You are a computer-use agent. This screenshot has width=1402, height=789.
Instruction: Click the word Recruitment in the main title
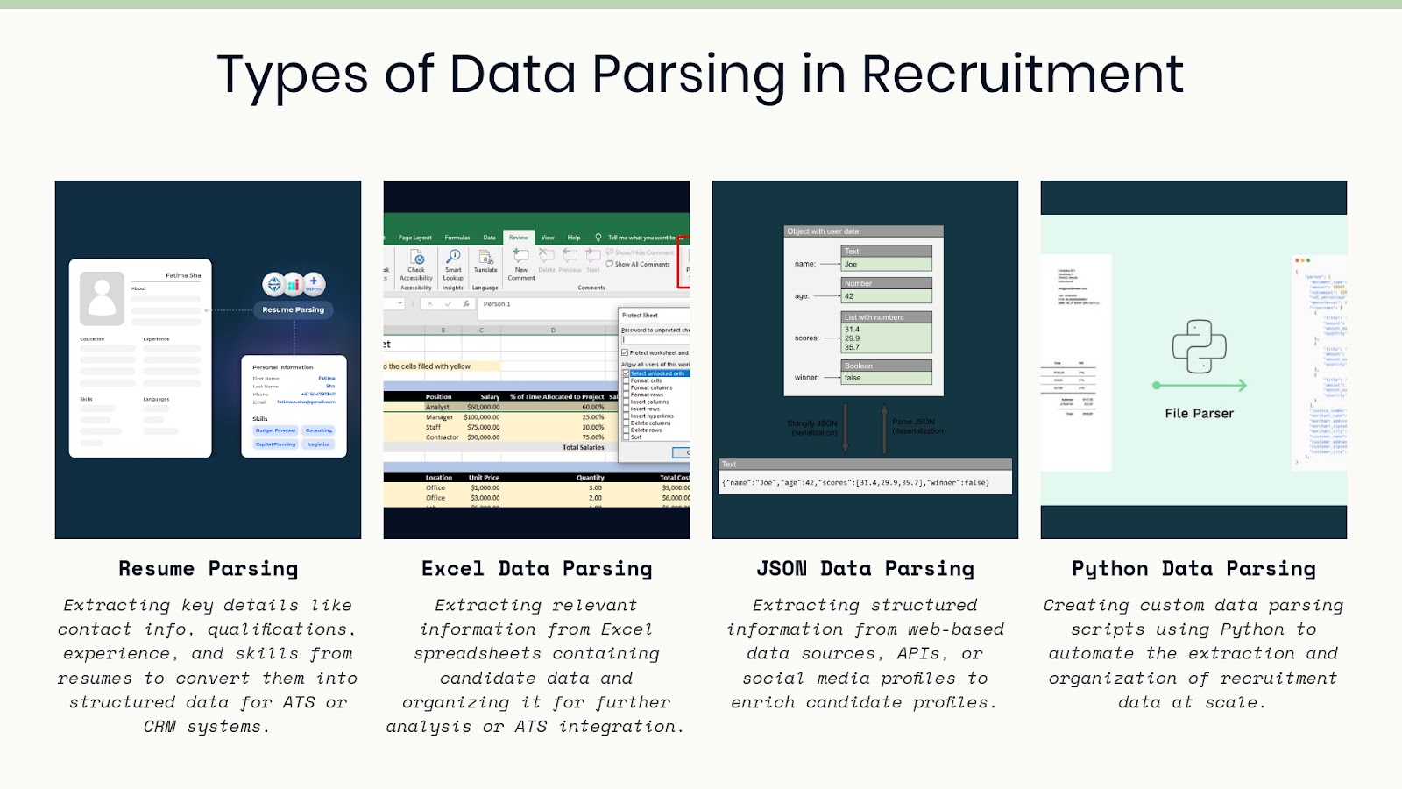(1022, 74)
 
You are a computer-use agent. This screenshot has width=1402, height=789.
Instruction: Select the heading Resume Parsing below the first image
(209, 569)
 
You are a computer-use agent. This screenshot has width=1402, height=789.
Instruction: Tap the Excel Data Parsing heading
(536, 569)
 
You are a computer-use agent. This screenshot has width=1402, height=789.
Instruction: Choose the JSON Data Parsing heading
(865, 569)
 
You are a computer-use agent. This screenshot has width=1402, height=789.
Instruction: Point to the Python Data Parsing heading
(1193, 569)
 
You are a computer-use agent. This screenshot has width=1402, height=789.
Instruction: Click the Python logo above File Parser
(1199, 347)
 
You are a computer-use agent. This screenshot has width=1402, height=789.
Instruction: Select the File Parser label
(1199, 414)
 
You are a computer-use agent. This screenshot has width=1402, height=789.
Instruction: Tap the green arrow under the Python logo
(1199, 386)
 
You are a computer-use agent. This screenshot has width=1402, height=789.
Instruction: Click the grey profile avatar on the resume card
(102, 298)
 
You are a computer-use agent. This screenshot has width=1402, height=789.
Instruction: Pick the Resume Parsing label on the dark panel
(293, 309)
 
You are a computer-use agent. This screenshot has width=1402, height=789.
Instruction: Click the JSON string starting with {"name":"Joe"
(855, 482)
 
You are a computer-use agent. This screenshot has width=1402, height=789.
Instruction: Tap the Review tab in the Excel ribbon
(519, 238)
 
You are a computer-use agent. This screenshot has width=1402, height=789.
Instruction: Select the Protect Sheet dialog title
(640, 315)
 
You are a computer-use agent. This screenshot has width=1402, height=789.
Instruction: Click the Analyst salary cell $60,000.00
(484, 407)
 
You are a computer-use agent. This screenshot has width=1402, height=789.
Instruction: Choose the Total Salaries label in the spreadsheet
(583, 447)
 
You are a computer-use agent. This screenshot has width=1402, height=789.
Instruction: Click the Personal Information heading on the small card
(282, 367)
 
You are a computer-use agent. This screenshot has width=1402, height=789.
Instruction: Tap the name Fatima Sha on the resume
(183, 275)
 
